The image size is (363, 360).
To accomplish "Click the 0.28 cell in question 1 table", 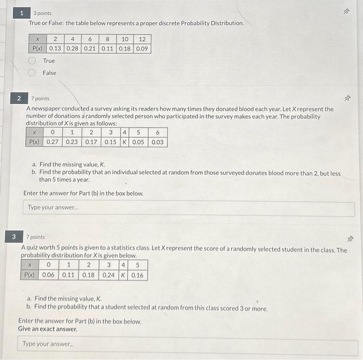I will click(73, 48).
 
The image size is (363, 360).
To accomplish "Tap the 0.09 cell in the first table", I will click(142, 48).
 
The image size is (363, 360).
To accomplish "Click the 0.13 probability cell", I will click(55, 48).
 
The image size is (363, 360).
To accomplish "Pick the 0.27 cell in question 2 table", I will click(52, 142).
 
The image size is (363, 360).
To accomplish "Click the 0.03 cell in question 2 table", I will click(158, 142).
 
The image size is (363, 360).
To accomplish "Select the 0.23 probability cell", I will click(72, 142).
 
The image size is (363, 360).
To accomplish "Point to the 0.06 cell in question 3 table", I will click(48, 275).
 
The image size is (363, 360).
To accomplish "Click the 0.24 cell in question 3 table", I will click(109, 275).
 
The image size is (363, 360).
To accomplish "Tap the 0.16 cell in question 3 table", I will click(138, 275).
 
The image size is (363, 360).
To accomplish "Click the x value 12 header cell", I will click(142, 39).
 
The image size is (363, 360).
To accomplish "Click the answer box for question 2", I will click(190, 209).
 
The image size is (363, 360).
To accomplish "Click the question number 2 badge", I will click(19, 98).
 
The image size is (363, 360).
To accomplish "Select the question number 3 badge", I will click(15, 237).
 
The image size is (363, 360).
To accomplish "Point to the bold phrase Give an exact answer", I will click(48, 329).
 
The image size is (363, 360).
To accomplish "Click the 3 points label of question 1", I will click(43, 13).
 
